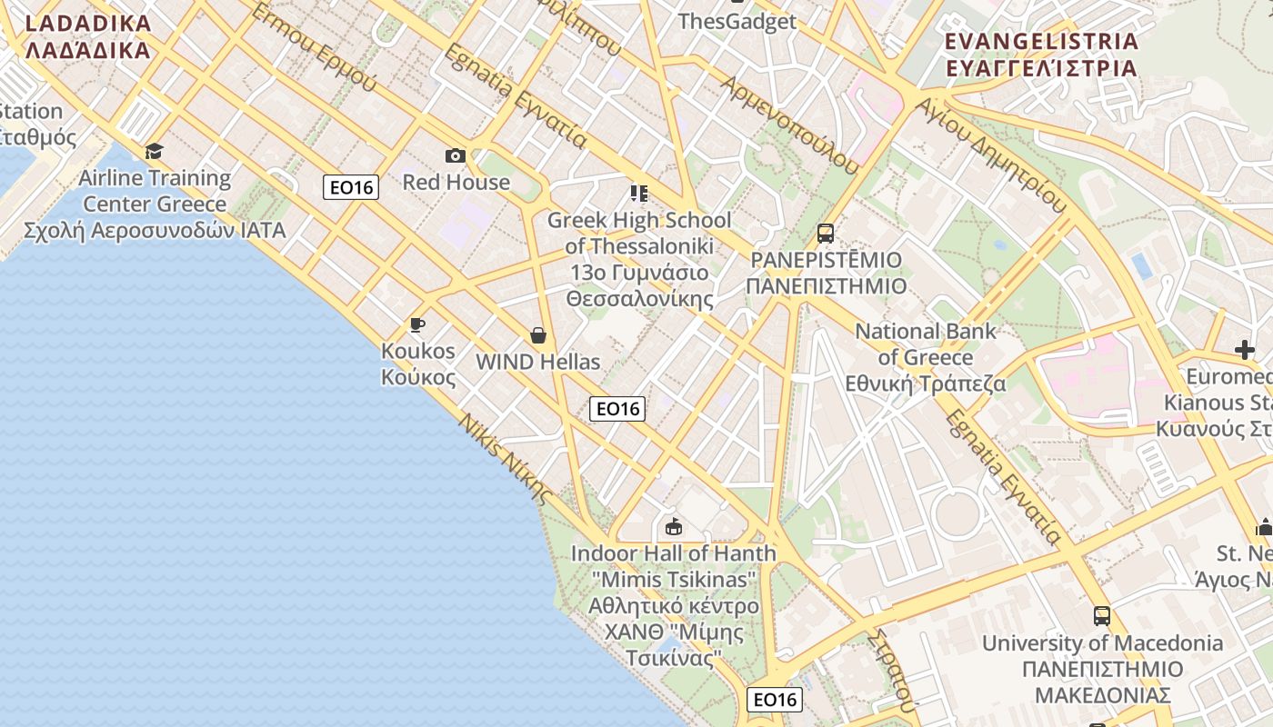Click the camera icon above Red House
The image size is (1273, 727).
tap(456, 155)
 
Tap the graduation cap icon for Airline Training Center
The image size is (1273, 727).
tap(154, 151)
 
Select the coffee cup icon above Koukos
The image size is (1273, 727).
tap(417, 324)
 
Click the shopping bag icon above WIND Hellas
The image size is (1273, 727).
tap(538, 335)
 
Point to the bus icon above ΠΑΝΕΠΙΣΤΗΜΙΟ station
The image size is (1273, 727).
tap(826, 234)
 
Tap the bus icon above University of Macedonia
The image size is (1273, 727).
tap(1102, 616)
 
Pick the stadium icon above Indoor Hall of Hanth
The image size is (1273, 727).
tap(674, 526)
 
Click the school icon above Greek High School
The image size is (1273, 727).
tap(638, 193)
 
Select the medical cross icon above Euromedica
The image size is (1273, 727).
tap(1245, 350)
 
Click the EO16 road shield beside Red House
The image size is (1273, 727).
tap(351, 187)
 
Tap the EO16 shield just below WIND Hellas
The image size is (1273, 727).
tap(617, 409)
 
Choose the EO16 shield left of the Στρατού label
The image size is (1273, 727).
tap(776, 700)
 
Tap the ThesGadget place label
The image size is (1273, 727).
tap(737, 21)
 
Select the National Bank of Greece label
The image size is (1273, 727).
tap(926, 357)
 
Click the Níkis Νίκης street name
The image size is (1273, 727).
tap(506, 460)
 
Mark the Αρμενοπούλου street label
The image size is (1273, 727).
tap(789, 124)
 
